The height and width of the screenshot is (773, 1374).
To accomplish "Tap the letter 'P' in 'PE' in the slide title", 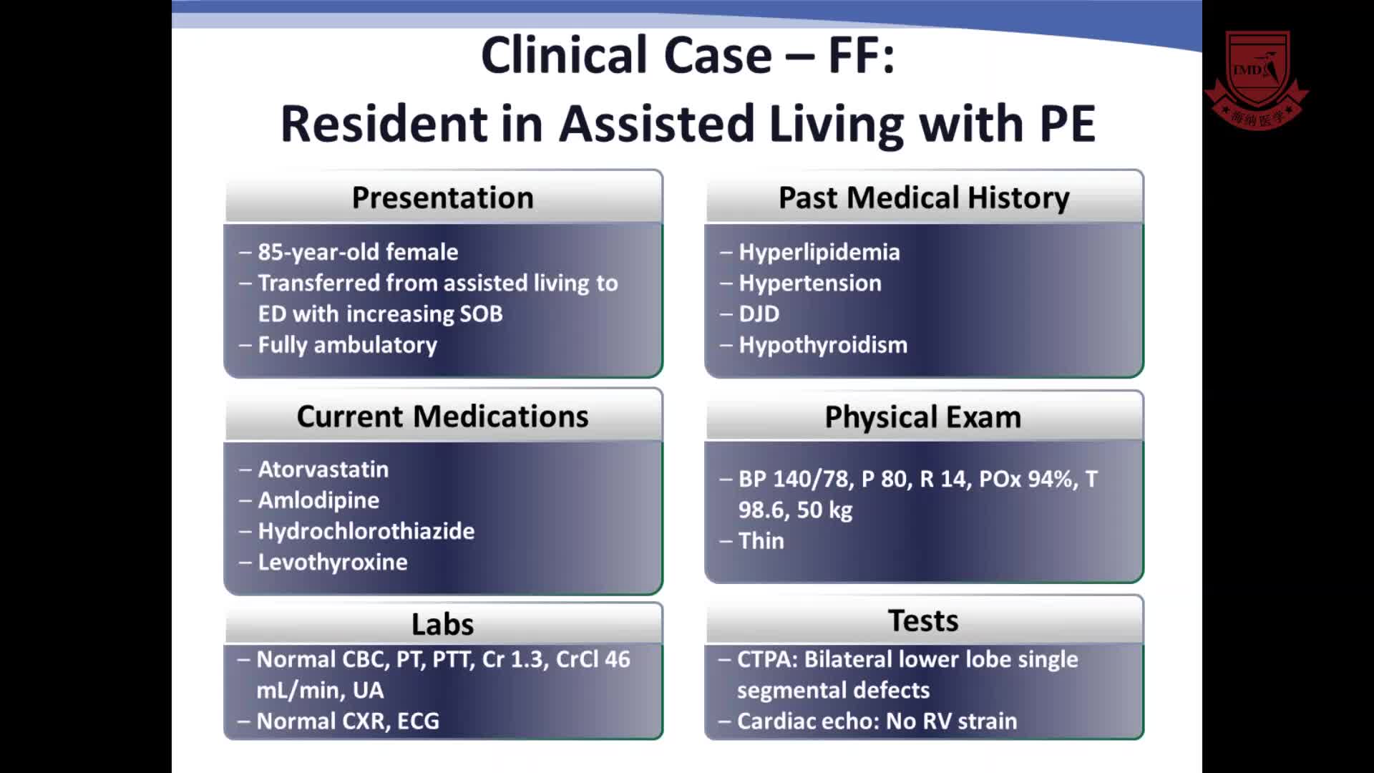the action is pyautogui.click(x=1053, y=124).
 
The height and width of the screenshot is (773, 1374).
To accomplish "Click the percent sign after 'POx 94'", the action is pyautogui.click(x=1065, y=479).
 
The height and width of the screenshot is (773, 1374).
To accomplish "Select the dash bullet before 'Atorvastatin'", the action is pyautogui.click(x=245, y=470).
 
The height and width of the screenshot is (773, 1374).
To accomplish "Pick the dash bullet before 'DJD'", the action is pyautogui.click(x=726, y=314).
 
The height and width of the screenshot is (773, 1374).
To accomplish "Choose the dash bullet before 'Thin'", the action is pyautogui.click(x=726, y=541).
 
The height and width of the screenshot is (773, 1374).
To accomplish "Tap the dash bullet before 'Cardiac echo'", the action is pyautogui.click(x=725, y=721).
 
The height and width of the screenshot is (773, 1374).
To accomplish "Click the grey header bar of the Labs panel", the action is pyautogui.click(x=443, y=623).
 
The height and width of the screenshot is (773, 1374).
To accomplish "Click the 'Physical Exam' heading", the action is pyautogui.click(x=923, y=417).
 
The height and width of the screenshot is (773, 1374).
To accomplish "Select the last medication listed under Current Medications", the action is pyautogui.click(x=333, y=563).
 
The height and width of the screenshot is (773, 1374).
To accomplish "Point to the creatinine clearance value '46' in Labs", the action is pyautogui.click(x=617, y=659).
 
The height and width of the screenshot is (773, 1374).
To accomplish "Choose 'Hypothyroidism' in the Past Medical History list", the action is pyautogui.click(x=823, y=346).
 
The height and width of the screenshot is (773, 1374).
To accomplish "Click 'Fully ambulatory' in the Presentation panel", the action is pyautogui.click(x=348, y=346).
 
